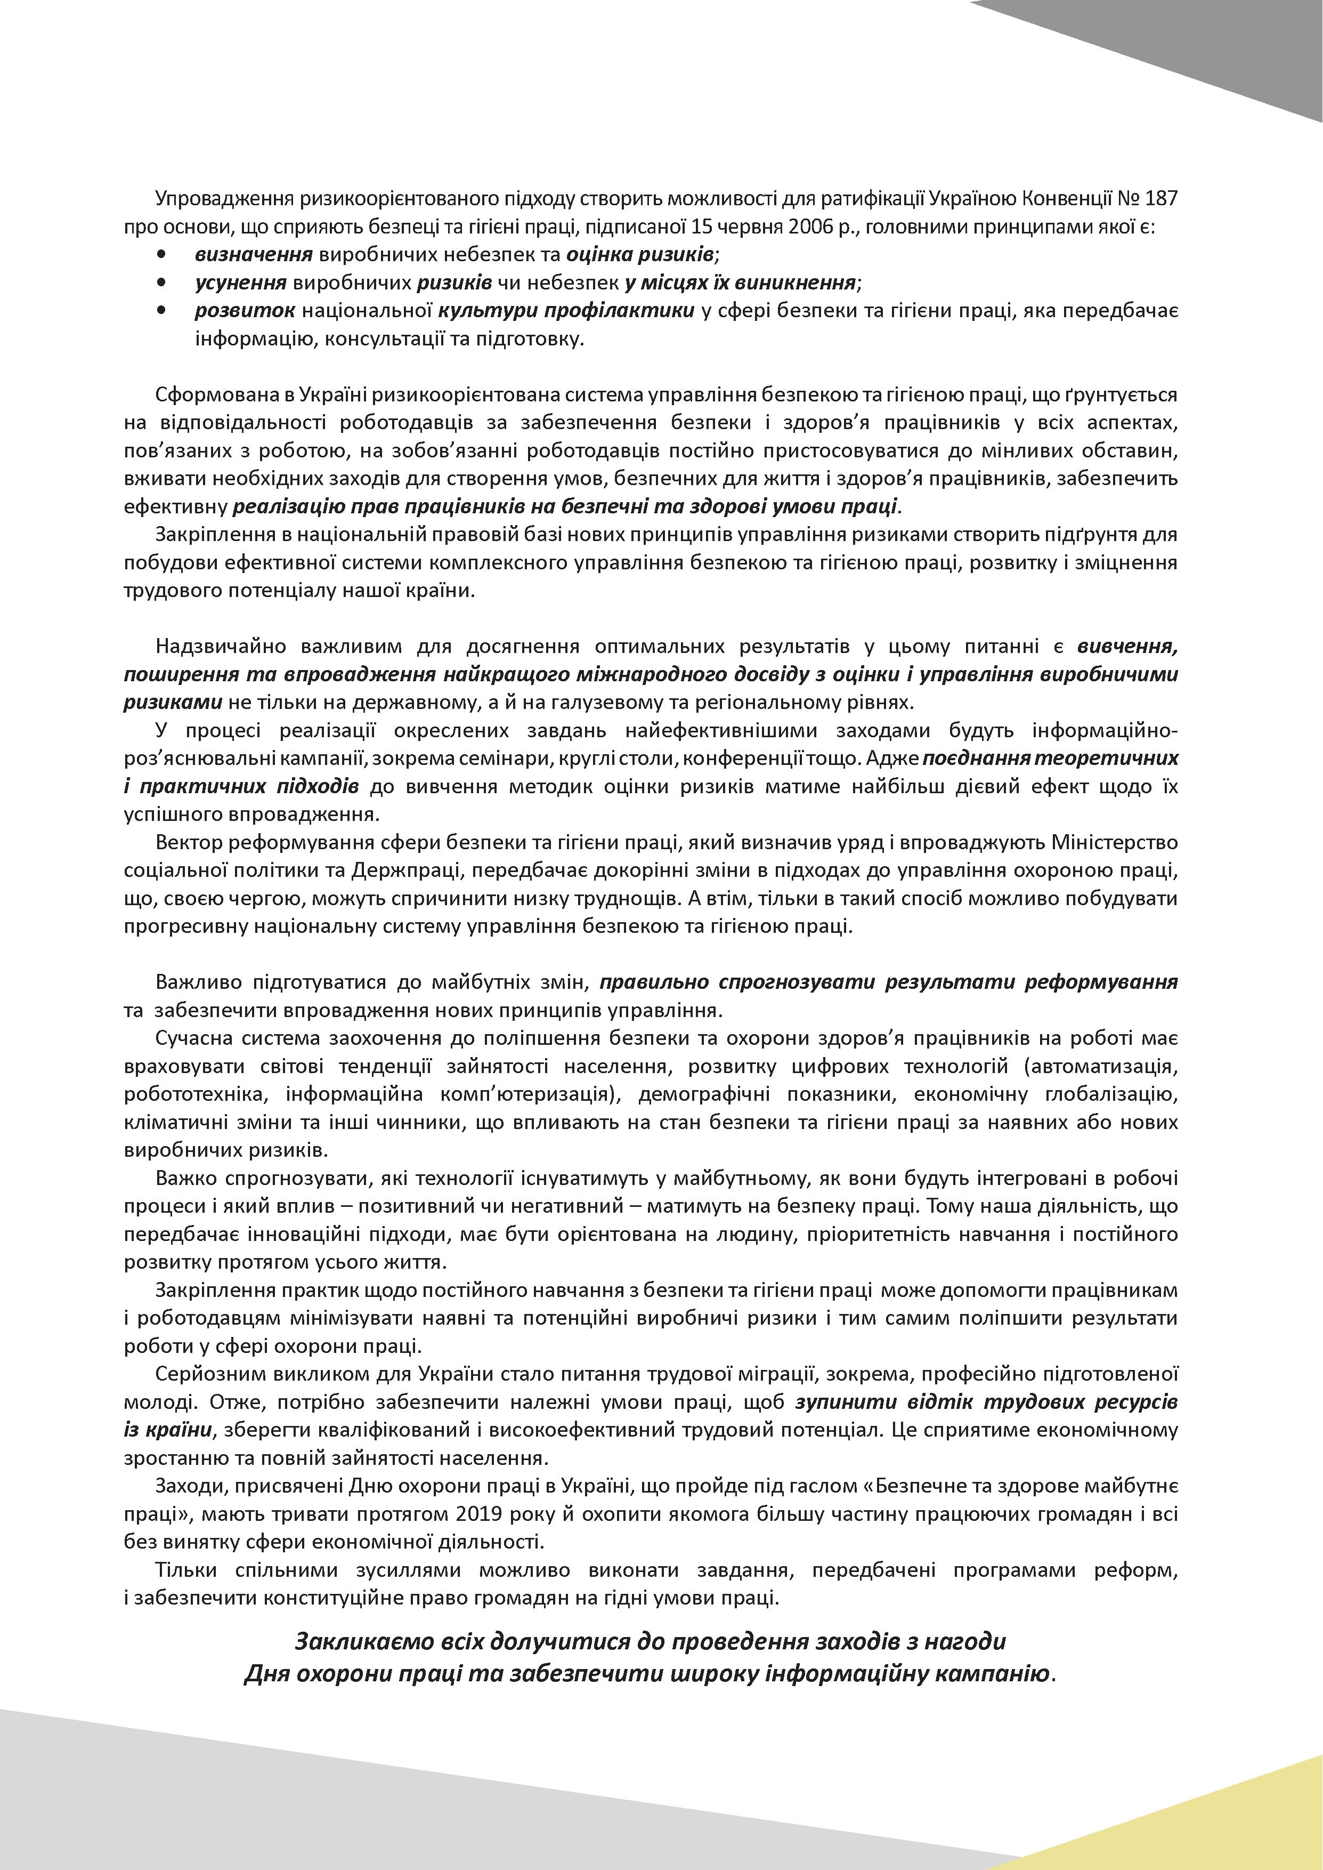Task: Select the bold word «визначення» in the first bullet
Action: click(254, 254)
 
